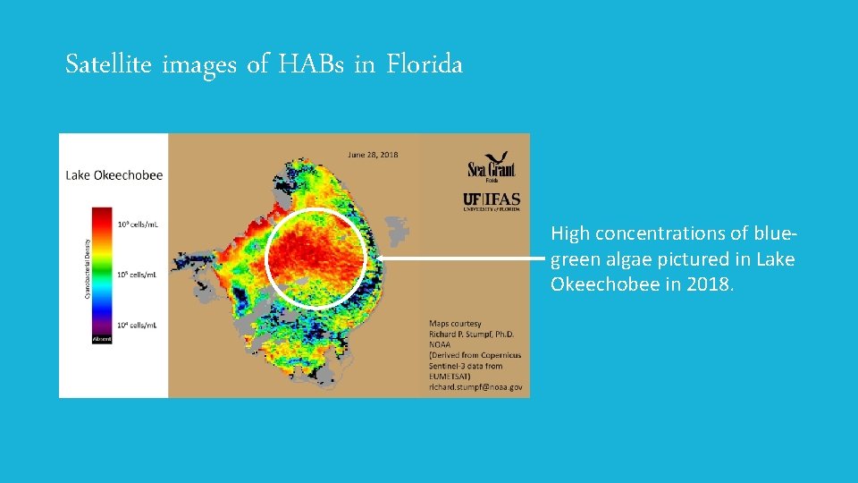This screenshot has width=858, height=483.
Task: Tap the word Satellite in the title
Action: (109, 64)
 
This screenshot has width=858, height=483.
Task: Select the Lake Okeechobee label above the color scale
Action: (114, 175)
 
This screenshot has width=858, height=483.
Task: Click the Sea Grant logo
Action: (492, 167)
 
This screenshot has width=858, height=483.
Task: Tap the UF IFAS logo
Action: (491, 200)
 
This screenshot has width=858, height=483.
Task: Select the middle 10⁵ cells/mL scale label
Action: (137, 275)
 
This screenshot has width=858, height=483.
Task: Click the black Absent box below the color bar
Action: (101, 340)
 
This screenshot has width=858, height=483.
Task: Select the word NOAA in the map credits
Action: (442, 345)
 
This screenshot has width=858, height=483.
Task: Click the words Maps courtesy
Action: (456, 324)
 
